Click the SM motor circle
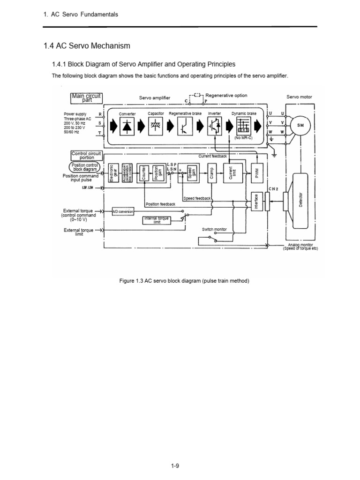(300, 126)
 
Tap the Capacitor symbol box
(156, 126)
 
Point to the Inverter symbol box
(214, 126)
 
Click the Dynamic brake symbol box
(243, 126)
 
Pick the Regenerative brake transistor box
(185, 126)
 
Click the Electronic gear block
(112, 172)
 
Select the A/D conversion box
(123, 211)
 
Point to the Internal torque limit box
(157, 220)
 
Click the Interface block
(255, 202)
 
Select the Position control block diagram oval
(84, 167)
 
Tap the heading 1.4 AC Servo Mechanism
(86, 46)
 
